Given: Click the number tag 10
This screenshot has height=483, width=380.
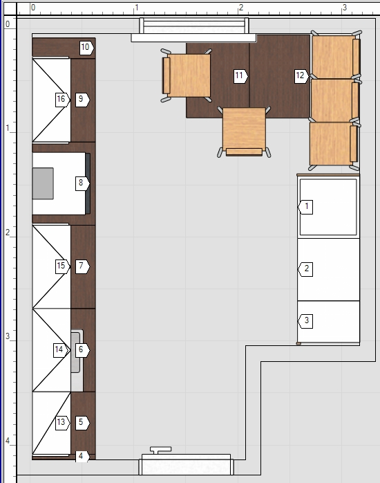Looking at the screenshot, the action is [86, 48].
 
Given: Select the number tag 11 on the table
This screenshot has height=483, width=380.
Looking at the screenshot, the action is [240, 76].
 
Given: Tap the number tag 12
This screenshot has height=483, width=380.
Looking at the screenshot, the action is [301, 76].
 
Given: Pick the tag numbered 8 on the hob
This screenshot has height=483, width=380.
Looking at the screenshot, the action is [82, 183].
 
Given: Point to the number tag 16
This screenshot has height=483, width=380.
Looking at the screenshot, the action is [63, 100].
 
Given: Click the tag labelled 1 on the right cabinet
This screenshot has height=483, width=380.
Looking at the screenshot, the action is [305, 207].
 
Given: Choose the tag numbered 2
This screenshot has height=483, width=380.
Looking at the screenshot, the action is [305, 269].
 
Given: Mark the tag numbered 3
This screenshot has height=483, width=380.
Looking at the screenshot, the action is [305, 321].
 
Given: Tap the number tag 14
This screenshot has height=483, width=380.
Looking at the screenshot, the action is [61, 350].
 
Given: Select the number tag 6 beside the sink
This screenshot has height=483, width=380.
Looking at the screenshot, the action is [82, 350].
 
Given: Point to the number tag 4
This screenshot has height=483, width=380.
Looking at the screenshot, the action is [82, 457].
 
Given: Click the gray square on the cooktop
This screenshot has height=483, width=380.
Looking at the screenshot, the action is [43, 183].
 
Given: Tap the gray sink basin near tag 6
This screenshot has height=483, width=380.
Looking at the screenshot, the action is [75, 352].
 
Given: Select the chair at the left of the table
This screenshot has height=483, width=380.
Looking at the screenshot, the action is [187, 75].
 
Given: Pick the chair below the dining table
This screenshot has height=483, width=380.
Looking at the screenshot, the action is [244, 132].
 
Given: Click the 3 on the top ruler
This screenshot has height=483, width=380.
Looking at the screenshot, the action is [344, 8].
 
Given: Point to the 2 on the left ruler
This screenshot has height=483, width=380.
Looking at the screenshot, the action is [8, 233].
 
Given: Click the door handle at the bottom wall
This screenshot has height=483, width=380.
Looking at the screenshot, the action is [160, 450].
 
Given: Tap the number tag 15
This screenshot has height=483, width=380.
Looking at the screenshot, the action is [63, 266].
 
